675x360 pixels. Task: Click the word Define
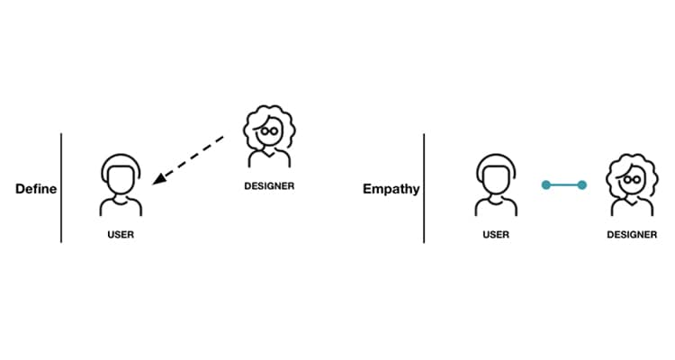36,190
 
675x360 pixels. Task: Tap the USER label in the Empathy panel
496,235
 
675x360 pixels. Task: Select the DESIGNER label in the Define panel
269,186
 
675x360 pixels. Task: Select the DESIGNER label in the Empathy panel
633,235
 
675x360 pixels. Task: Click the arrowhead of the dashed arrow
158,180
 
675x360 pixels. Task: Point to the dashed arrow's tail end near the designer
222,139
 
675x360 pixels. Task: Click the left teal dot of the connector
545,185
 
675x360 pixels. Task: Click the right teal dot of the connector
582,185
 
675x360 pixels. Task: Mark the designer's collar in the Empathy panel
633,202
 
